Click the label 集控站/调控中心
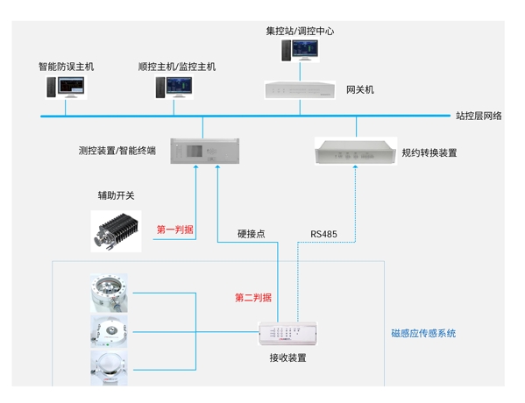(x=300, y=32)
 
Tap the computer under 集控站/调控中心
(x=300, y=50)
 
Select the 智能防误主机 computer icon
(x=66, y=88)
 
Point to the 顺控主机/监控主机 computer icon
(x=174, y=88)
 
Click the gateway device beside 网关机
(x=300, y=90)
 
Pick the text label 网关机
(x=360, y=89)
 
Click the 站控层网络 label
(x=479, y=116)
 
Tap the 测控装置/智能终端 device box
(x=205, y=151)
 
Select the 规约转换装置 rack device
(x=356, y=152)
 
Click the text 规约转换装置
(x=429, y=153)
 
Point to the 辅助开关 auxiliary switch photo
(x=116, y=231)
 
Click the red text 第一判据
(x=175, y=230)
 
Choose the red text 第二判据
(x=253, y=297)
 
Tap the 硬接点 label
(x=252, y=234)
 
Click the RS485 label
(x=323, y=234)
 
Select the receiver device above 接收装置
(x=287, y=334)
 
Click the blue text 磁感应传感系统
(x=423, y=333)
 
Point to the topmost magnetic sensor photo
(x=110, y=293)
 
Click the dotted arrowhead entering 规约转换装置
(x=355, y=166)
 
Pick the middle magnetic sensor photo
(x=110, y=331)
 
